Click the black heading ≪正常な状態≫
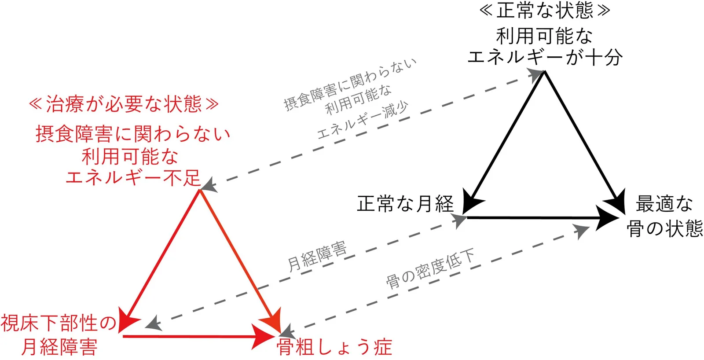(x=545, y=10)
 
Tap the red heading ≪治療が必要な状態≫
(x=124, y=104)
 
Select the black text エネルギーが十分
(x=545, y=58)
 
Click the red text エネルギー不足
(x=133, y=177)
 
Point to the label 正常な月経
(x=405, y=204)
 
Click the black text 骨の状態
(x=664, y=228)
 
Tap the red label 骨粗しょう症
(x=334, y=347)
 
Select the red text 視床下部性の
(x=59, y=323)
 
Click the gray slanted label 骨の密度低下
(x=430, y=269)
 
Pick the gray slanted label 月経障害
(x=317, y=256)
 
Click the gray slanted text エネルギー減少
(x=363, y=120)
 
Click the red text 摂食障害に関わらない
(x=133, y=134)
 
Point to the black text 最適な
(x=664, y=204)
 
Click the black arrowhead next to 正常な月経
(x=471, y=202)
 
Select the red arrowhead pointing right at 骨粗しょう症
(x=264, y=336)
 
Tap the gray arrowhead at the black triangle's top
(x=535, y=75)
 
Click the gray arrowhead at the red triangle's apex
(x=209, y=185)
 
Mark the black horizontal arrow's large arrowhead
(x=607, y=217)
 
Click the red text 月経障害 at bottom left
(x=59, y=347)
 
